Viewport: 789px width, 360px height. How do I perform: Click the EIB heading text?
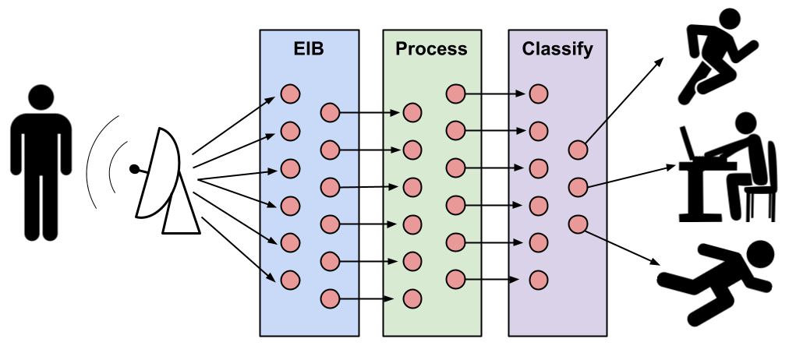point(309,49)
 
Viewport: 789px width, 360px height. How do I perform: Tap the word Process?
point(431,49)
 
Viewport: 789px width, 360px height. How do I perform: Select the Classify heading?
point(557,50)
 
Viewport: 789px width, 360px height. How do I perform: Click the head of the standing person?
point(41,97)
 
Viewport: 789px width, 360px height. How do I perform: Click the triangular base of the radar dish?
point(180,211)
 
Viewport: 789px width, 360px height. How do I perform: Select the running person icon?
point(717,55)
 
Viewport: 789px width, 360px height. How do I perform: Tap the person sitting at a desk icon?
point(728,168)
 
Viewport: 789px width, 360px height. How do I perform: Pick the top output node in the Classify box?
point(578,150)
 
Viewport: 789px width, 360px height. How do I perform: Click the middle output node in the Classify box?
point(578,187)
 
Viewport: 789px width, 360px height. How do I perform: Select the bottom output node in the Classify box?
point(578,224)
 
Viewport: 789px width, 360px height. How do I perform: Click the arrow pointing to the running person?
point(624,100)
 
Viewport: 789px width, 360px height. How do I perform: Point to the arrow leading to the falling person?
point(623,247)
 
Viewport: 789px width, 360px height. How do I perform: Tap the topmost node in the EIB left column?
point(290,94)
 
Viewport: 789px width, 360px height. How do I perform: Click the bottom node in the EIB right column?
point(330,298)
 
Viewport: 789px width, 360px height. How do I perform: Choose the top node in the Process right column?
point(455,94)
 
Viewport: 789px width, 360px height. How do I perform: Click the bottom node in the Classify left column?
point(539,280)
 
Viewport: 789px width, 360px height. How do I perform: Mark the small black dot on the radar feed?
point(134,169)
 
